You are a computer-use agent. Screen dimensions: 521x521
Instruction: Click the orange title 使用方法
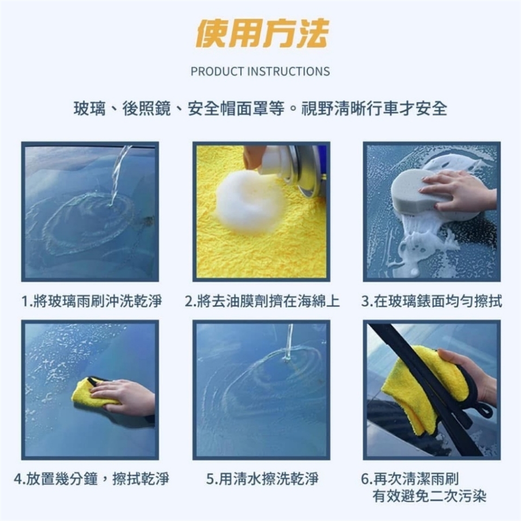[262, 34]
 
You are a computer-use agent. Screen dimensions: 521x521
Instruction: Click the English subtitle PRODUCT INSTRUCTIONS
[260, 72]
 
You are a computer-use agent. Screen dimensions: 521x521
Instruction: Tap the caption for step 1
[91, 301]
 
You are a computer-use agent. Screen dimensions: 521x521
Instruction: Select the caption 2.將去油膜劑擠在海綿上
[262, 301]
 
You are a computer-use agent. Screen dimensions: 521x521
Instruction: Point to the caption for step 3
[431, 301]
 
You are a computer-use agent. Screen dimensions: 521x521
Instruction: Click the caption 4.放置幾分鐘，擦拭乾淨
[91, 479]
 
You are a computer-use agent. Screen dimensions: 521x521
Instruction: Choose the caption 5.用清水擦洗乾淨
[262, 479]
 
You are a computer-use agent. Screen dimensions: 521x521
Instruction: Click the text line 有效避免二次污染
[429, 497]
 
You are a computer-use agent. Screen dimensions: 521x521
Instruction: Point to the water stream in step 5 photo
[289, 342]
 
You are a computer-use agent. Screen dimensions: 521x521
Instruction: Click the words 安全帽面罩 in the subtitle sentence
[236, 109]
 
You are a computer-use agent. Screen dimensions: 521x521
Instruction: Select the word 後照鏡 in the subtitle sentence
[147, 109]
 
